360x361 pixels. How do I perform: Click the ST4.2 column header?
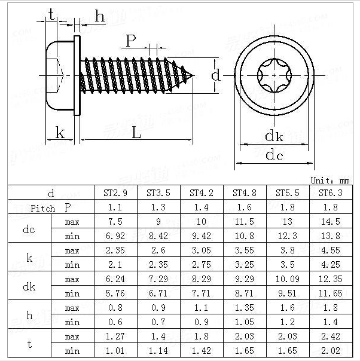pyautogui.click(x=201, y=193)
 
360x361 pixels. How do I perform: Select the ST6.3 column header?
pyautogui.click(x=331, y=193)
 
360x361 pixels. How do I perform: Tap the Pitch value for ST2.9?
pyautogui.click(x=115, y=207)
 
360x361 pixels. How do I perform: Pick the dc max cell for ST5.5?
pyautogui.click(x=288, y=222)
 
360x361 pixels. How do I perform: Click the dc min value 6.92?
pyautogui.click(x=115, y=236)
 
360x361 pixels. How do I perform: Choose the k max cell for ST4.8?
pyautogui.click(x=244, y=250)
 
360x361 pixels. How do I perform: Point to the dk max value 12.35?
pyautogui.click(x=331, y=279)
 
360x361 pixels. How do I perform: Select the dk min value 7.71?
pyautogui.click(x=201, y=293)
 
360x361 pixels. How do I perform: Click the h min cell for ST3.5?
pyautogui.click(x=158, y=322)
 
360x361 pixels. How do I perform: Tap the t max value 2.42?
pyautogui.click(x=331, y=336)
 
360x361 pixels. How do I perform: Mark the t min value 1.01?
pyautogui.click(x=115, y=351)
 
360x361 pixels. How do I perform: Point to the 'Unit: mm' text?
pyautogui.click(x=330, y=180)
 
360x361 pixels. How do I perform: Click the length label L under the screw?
pyautogui.click(x=136, y=133)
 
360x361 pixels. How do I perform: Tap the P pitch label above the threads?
pyautogui.click(x=131, y=41)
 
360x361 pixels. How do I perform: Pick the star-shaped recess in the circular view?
pyautogui.click(x=274, y=76)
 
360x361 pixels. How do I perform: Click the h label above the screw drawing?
pyautogui.click(x=99, y=17)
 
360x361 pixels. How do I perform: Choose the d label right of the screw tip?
pyautogui.click(x=216, y=75)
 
